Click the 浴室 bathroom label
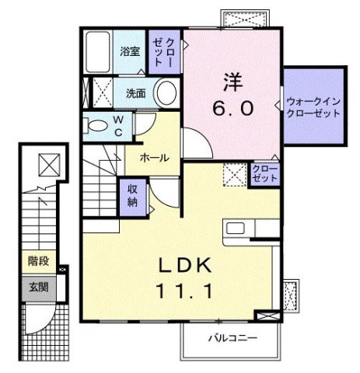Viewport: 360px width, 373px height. [130, 52]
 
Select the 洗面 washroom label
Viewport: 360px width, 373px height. [136, 94]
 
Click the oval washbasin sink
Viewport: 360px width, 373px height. [166, 93]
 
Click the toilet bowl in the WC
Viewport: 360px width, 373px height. [97, 125]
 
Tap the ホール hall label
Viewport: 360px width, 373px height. [154, 157]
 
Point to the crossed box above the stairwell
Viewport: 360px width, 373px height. [48, 165]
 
